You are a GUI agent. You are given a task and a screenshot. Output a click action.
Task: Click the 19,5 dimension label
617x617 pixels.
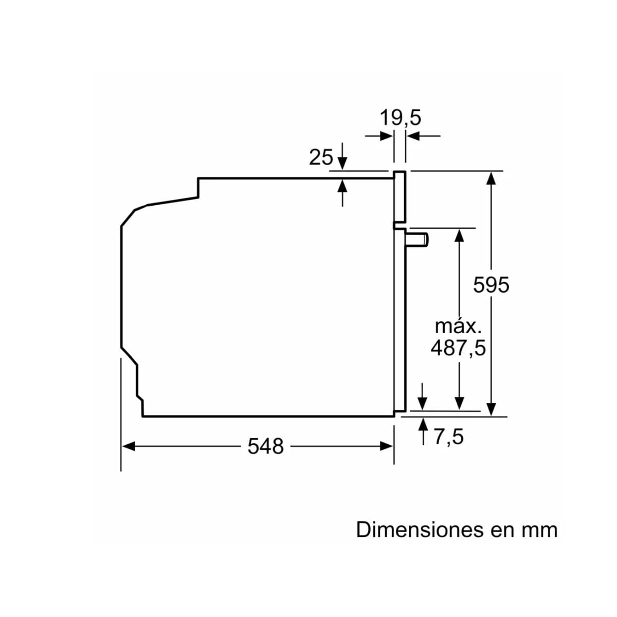coord(400,118)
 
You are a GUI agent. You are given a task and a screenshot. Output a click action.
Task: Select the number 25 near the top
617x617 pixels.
coord(321,157)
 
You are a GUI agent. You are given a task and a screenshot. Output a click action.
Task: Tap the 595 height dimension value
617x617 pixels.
coord(491,285)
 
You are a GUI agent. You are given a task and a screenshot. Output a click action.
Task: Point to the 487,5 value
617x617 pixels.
coord(458,348)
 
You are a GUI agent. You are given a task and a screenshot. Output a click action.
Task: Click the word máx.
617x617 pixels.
coord(458,326)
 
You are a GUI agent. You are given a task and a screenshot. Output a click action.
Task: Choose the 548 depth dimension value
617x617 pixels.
coord(265,446)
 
